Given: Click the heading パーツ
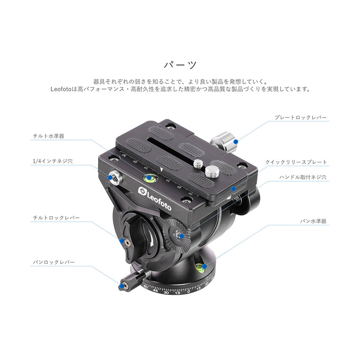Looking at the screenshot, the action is pyautogui.click(x=180, y=65).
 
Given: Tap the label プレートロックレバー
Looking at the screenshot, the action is pyautogui.click(x=301, y=117).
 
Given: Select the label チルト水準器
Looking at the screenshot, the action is pyautogui.click(x=49, y=136).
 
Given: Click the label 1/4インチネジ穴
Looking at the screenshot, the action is pyautogui.click(x=53, y=161).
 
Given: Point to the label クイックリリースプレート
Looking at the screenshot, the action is pyautogui.click(x=296, y=162).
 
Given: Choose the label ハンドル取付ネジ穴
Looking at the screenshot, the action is pyautogui.click(x=303, y=177).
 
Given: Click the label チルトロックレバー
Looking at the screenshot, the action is pyautogui.click(x=56, y=218).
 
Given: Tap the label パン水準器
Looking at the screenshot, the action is pyautogui.click(x=313, y=221).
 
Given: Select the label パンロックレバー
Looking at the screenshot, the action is pyautogui.click(x=54, y=262).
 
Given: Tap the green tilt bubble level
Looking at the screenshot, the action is pyautogui.click(x=150, y=178).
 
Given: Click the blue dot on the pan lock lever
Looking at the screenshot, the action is pyautogui.click(x=121, y=286).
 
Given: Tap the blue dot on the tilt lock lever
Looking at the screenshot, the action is pyautogui.click(x=122, y=241).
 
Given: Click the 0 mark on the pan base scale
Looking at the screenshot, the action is pyautogui.click(x=189, y=292).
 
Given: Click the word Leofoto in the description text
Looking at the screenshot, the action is pyautogui.click(x=61, y=89).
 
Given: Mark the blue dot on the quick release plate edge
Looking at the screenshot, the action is pyautogui.click(x=233, y=189).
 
